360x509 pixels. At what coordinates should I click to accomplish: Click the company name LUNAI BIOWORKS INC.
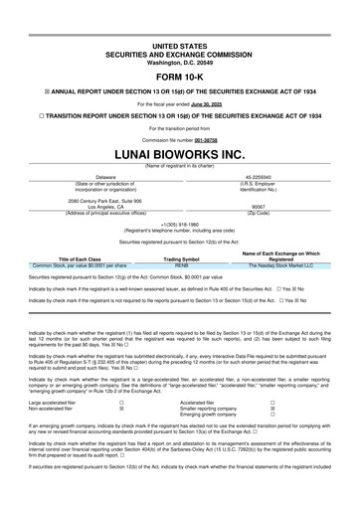point(180,156)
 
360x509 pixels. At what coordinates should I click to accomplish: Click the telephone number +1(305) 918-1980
point(180,225)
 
